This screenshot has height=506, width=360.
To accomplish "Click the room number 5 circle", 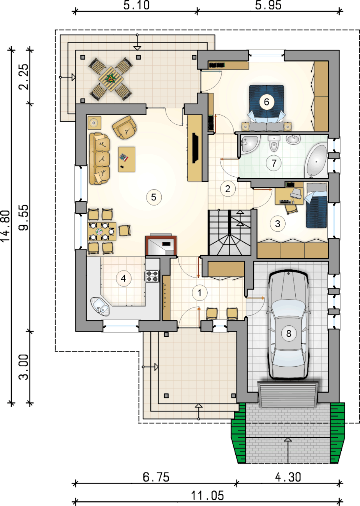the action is click(154, 197).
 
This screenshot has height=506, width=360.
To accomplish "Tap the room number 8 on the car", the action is click(289, 334).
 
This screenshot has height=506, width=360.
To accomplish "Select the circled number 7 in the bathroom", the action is click(274, 163).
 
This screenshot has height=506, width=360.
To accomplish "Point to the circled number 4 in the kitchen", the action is click(124, 279).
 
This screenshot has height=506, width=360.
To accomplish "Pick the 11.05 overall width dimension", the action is click(207, 495).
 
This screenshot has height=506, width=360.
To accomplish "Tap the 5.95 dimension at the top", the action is click(268, 5).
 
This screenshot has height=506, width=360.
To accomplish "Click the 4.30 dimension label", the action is click(288, 477).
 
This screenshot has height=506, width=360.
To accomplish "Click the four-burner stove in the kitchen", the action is click(152, 276).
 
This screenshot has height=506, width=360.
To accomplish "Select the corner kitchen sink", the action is click(100, 306).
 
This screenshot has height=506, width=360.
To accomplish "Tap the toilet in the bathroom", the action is click(274, 144).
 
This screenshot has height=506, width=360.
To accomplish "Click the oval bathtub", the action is click(316, 161).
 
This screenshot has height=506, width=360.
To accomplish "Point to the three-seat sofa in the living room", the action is click(100, 158).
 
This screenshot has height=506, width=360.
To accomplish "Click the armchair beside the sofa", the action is click(124, 128).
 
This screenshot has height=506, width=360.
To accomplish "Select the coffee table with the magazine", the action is click(127, 159).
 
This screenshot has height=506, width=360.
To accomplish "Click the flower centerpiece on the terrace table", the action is click(111, 78).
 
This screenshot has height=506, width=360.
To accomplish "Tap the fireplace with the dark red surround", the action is click(161, 245).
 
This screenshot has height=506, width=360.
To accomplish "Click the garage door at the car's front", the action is click(288, 395).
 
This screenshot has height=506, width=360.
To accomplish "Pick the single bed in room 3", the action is click(316, 206).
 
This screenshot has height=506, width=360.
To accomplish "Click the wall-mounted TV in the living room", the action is click(195, 148).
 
